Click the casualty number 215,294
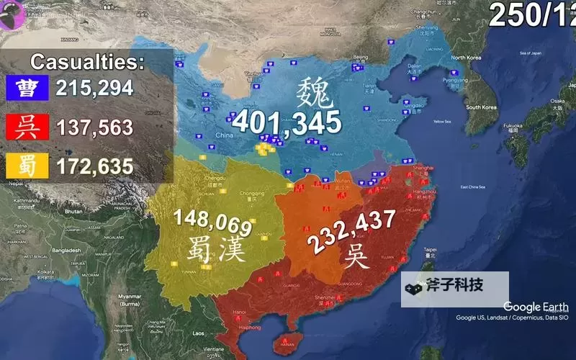point(92,89)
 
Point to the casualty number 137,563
point(92,128)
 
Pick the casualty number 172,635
point(92,167)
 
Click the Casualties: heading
point(87,61)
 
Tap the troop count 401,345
point(286,122)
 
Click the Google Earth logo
point(536,307)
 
